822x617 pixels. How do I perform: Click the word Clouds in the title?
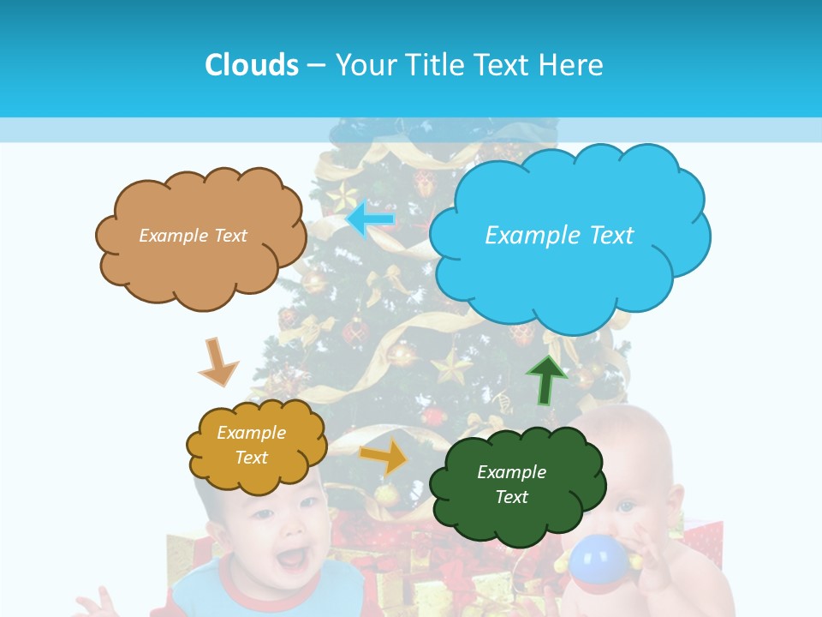(252, 65)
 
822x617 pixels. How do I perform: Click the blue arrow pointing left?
(371, 219)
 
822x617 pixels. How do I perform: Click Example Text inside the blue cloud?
(559, 235)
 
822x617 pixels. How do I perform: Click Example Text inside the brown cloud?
(193, 235)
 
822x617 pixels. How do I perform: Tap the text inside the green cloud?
(511, 484)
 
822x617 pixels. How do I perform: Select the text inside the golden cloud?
(251, 445)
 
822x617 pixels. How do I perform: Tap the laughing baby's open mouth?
(292, 559)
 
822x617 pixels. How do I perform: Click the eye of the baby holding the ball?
(627, 506)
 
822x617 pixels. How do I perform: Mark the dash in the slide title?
(316, 65)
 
